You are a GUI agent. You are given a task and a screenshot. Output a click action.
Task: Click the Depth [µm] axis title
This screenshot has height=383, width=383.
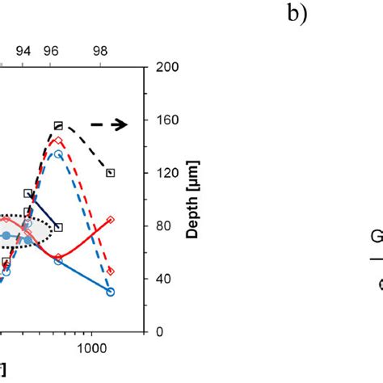click(x=191, y=199)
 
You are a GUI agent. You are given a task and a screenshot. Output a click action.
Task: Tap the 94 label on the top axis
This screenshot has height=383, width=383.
click(x=24, y=50)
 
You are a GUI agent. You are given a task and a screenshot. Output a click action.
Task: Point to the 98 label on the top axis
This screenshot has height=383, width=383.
click(x=102, y=50)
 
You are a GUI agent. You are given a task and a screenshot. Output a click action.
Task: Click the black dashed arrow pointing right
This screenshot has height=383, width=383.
click(x=108, y=124)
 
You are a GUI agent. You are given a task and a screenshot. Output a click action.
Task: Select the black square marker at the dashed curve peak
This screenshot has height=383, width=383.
click(x=58, y=125)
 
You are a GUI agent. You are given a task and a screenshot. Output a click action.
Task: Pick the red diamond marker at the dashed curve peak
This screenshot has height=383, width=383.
click(x=58, y=140)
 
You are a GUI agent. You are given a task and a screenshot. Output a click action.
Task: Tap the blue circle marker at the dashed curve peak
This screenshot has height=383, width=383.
click(x=58, y=154)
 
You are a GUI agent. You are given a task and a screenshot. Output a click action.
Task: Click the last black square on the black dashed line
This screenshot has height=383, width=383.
click(x=111, y=172)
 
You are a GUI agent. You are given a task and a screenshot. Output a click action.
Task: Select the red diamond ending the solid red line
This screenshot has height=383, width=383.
click(x=111, y=219)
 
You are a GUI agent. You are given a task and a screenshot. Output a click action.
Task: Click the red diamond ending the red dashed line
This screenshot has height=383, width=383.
click(x=111, y=271)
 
